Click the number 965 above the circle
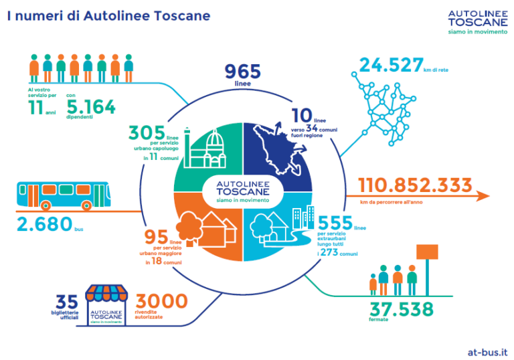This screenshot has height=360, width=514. pos(243,72)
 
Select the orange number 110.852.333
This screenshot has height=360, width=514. pos(415,185)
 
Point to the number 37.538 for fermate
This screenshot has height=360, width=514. pos(401,310)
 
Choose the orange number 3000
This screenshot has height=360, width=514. pos(161,302)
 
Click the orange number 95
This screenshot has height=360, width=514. pos(156,238)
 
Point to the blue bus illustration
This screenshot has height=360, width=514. pos(60,194)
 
